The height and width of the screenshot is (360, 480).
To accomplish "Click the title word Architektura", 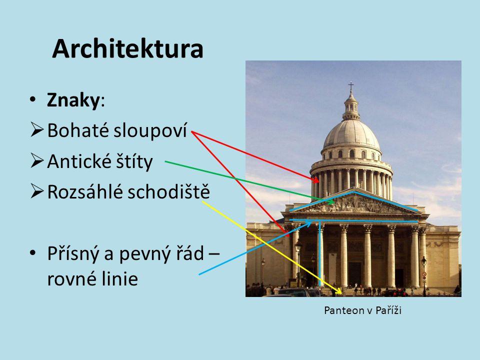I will click(x=127, y=49).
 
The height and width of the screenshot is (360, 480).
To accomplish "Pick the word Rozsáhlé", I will click(x=80, y=192).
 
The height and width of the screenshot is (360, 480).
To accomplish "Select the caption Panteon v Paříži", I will click(x=363, y=311).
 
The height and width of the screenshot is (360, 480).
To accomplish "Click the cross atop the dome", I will click(x=351, y=86).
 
